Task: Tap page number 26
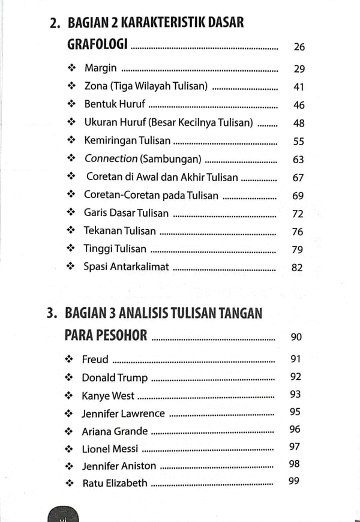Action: tap(298, 47)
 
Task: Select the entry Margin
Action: tap(100, 68)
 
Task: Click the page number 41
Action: tap(298, 86)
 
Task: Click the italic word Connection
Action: tap(111, 159)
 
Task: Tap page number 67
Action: tap(298, 178)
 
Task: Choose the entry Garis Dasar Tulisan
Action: tap(126, 213)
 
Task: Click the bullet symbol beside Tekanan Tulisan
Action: tap(71, 231)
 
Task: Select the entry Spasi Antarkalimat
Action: tap(126, 267)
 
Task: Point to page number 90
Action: tap(296, 337)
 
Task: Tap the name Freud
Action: tap(95, 359)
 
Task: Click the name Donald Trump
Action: tap(115, 378)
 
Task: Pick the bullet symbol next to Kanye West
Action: tap(70, 396)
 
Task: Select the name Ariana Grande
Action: tap(115, 431)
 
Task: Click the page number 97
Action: tap(294, 446)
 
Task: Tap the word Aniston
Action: tap(136, 466)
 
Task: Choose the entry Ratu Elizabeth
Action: tap(114, 482)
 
